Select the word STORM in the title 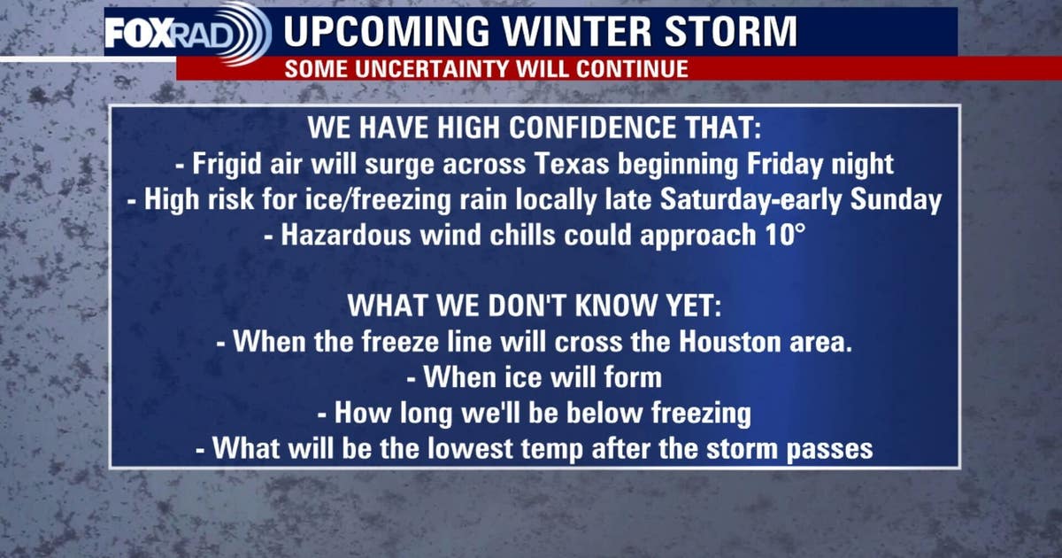738,32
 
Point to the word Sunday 896,201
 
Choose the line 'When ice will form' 535,377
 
